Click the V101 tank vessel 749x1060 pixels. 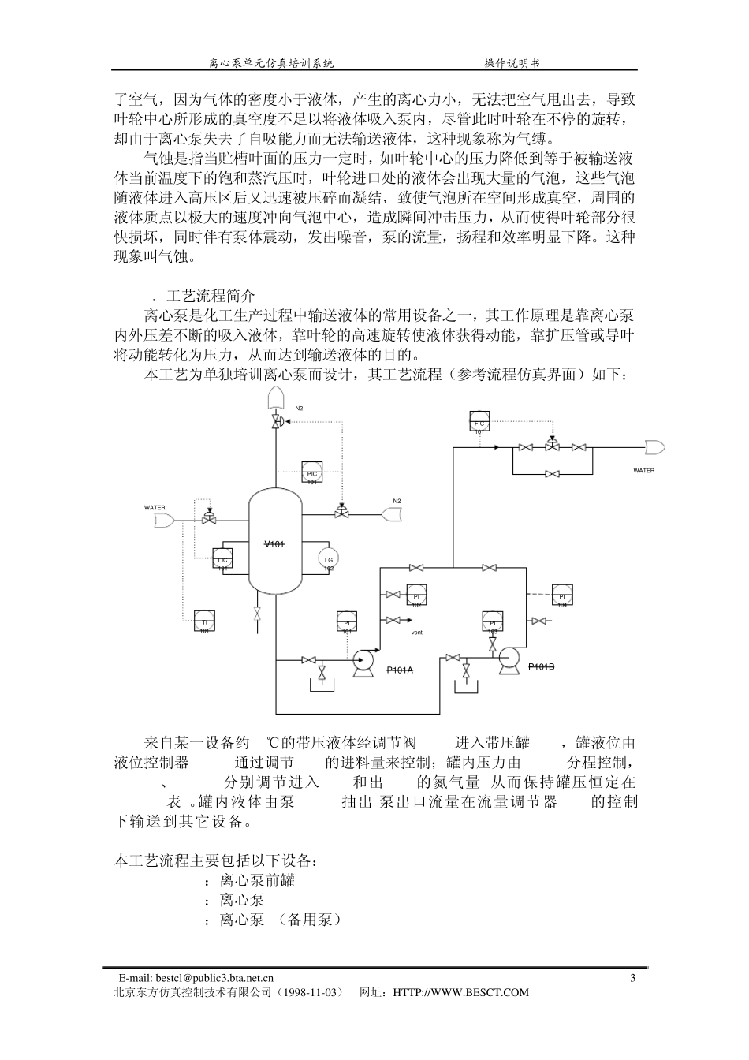(274, 544)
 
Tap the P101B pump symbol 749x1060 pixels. (507, 659)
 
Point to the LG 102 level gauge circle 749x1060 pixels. (329, 560)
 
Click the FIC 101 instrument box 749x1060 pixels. (479, 422)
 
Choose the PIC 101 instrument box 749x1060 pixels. (311, 472)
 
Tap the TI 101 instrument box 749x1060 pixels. (204, 621)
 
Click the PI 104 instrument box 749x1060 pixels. (562, 595)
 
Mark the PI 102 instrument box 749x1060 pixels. (416, 595)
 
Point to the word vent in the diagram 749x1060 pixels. (418, 633)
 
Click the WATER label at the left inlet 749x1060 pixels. (155, 507)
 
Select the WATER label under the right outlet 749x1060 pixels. (644, 471)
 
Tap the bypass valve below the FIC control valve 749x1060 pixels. (553, 474)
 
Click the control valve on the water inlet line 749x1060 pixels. (209, 520)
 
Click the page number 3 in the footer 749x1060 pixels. (633, 979)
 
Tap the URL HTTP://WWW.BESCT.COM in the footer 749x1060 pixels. (460, 992)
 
